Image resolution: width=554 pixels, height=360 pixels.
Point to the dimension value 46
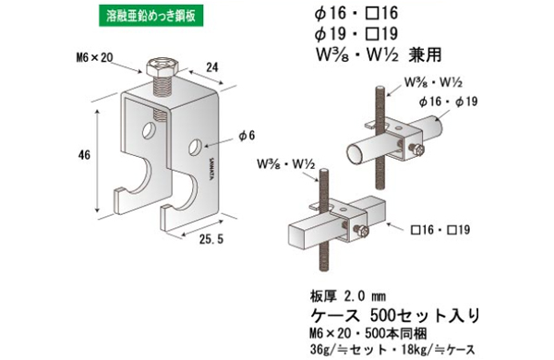[x=84, y=156]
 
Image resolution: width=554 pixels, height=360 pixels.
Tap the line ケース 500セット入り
[x=394, y=316]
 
